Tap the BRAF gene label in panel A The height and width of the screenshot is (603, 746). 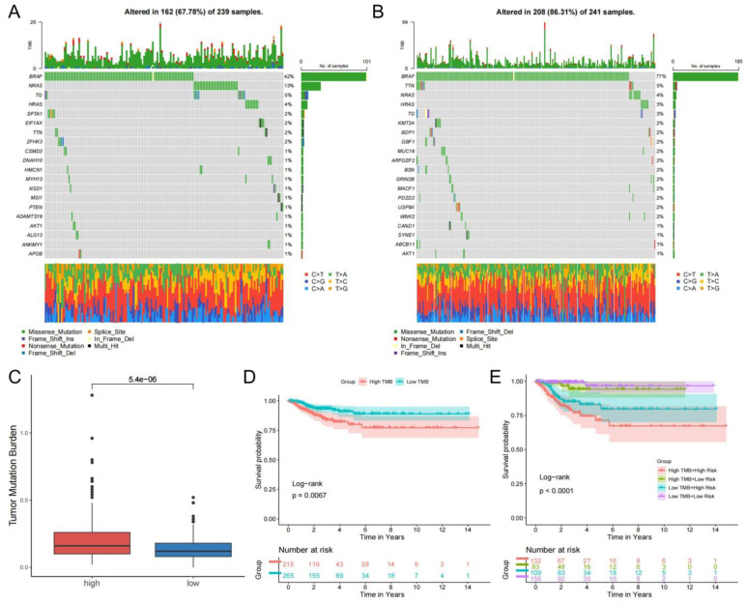[x=33, y=75]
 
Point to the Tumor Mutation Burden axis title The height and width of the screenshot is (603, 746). [x=14, y=452]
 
